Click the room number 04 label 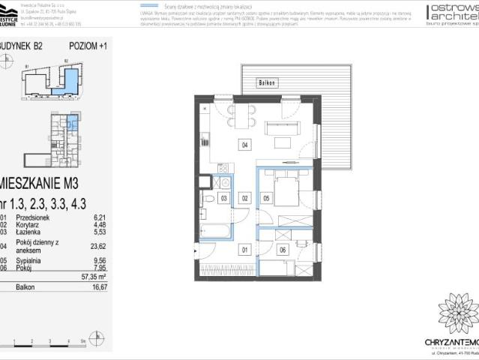click(x=244, y=145)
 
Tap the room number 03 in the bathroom click(x=223, y=198)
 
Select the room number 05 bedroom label click(x=266, y=198)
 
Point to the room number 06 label click(x=282, y=250)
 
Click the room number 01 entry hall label click(x=244, y=250)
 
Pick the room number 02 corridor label click(x=244, y=198)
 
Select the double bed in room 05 click(x=288, y=190)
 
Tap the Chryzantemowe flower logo click(x=458, y=313)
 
